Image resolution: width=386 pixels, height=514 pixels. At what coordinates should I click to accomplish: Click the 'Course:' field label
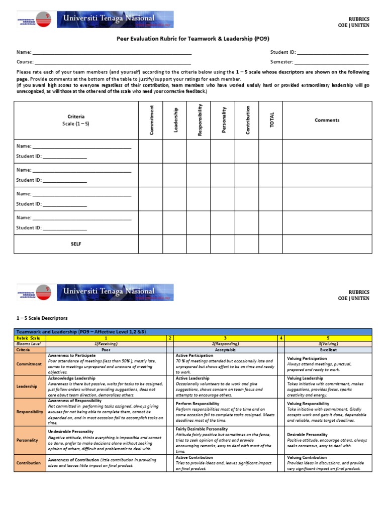click(25, 62)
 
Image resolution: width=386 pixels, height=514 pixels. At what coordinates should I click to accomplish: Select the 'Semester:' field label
click(282, 62)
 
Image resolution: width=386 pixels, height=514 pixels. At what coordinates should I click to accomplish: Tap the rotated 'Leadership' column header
click(175, 120)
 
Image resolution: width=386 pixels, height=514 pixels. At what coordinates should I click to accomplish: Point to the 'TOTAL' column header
click(272, 120)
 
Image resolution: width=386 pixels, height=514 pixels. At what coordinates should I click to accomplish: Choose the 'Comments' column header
click(327, 120)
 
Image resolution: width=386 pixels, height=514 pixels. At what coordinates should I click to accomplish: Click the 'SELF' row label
click(76, 244)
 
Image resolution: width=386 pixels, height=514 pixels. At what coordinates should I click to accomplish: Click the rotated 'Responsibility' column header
click(200, 120)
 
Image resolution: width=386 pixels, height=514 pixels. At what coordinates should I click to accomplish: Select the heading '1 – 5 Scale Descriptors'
click(42, 318)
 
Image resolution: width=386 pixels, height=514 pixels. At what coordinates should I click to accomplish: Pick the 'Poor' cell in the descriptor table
click(106, 349)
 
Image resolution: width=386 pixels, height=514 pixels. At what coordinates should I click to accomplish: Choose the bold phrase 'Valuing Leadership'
click(305, 378)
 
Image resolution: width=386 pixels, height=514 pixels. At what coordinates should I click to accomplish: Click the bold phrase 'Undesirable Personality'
click(72, 432)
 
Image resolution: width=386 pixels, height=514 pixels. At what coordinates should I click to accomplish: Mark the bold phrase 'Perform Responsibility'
click(197, 404)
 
